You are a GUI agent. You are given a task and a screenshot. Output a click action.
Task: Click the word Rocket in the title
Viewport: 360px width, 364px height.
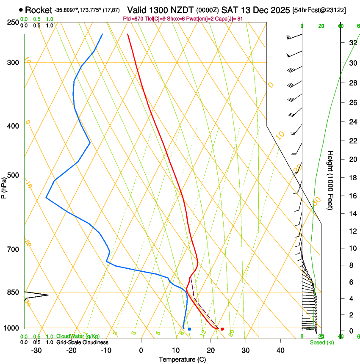coord(39,10)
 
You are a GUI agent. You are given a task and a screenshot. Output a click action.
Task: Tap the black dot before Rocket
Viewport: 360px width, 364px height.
coord(21,10)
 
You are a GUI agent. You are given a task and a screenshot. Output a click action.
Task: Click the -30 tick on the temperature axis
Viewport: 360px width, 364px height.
coord(36,350)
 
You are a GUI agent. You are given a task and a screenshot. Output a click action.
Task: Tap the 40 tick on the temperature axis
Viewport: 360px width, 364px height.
coord(280,350)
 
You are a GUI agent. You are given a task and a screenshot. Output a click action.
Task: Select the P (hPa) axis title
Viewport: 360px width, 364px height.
coord(4,187)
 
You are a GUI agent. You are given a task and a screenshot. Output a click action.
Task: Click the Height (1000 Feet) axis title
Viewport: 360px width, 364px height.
coord(330,180)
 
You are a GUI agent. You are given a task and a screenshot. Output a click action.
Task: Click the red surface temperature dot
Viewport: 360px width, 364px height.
coord(222,329)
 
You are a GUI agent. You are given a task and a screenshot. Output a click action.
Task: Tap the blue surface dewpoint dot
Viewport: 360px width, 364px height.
coord(189,329)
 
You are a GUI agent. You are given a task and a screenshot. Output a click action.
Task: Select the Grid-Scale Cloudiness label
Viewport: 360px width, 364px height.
coord(82,342)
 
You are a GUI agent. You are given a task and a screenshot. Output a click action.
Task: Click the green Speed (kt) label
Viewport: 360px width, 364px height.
coord(321,342)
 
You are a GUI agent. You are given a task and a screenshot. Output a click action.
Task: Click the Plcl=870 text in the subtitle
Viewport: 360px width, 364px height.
coord(132,19)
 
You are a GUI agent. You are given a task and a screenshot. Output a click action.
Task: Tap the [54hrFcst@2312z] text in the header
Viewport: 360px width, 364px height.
coord(319,10)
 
